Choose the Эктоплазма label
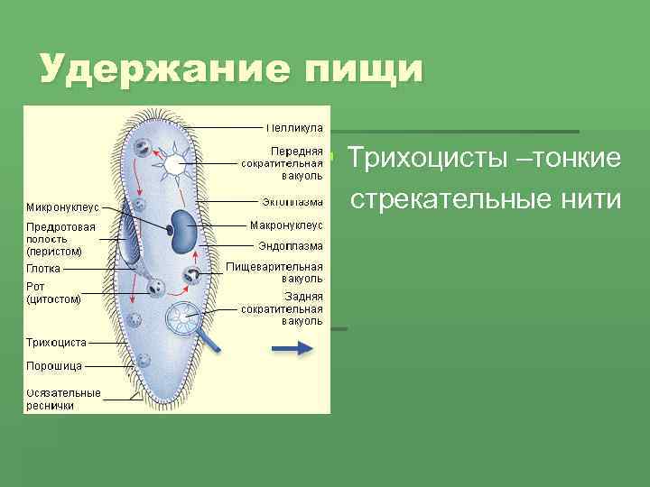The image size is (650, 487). pos(292,201)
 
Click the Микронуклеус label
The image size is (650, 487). pos(62,207)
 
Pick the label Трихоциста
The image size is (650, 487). pos(57,343)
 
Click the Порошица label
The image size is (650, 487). pos(54,366)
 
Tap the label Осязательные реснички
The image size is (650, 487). pos(63,400)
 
